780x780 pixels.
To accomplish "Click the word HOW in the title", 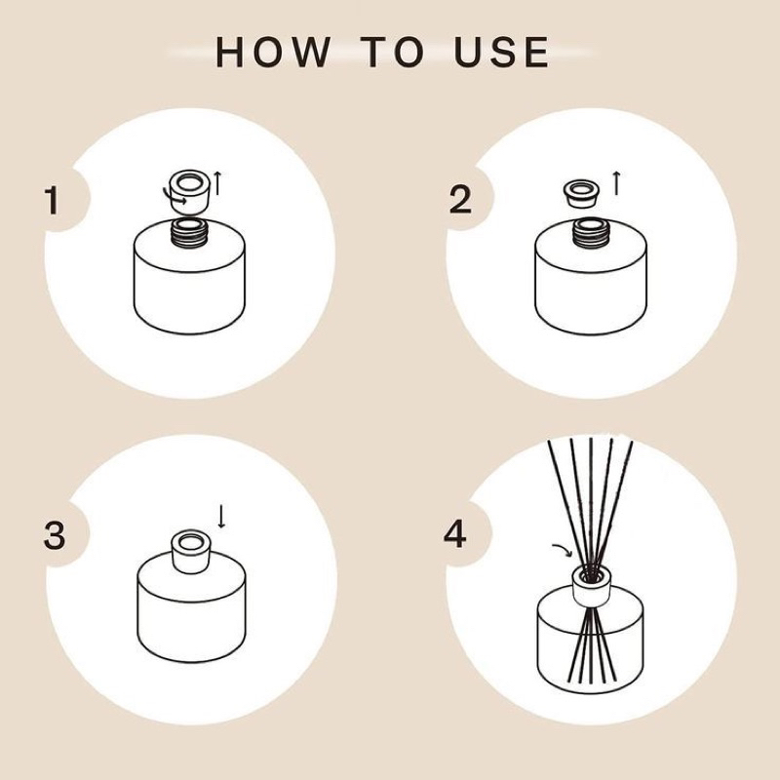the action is (273, 52).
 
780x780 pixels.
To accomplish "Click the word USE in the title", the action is (501, 52).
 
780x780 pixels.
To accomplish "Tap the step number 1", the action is (52, 201).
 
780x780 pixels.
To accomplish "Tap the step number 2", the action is (460, 200).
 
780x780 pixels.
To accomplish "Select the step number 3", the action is (55, 535).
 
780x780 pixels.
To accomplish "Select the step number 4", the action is (454, 534).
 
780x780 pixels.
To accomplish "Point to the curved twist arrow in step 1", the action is (175, 198).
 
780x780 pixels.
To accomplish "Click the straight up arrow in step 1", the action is (217, 183).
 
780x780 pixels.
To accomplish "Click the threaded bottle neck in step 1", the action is (189, 232).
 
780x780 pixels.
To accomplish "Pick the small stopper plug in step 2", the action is (581, 194).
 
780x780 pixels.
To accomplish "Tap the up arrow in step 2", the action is (617, 183).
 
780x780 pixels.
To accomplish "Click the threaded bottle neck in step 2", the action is (590, 232).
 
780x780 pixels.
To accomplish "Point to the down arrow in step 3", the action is (221, 517).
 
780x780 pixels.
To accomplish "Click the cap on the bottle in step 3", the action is (190, 552).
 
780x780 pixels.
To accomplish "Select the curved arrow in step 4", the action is (564, 550).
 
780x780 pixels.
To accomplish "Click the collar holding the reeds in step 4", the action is (592, 586).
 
